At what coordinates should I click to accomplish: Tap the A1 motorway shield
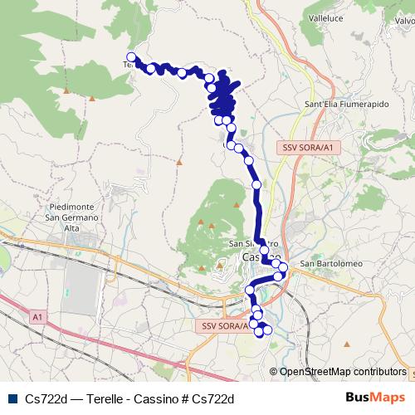pos(37,317)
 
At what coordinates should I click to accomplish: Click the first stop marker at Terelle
pos(131,57)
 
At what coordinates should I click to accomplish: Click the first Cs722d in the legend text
pos(46,398)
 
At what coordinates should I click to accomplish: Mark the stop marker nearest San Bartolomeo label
pos(284,266)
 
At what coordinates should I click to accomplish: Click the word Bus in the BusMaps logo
pos(360,398)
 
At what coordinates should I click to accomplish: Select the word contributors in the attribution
pos(378,372)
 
